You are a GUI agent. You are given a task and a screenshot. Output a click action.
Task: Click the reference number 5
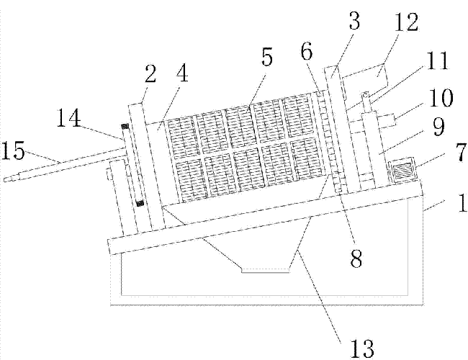point(267,58)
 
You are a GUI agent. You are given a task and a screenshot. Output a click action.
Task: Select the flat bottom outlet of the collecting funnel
point(264,270)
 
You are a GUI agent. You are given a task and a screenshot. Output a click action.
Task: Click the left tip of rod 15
point(6,181)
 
